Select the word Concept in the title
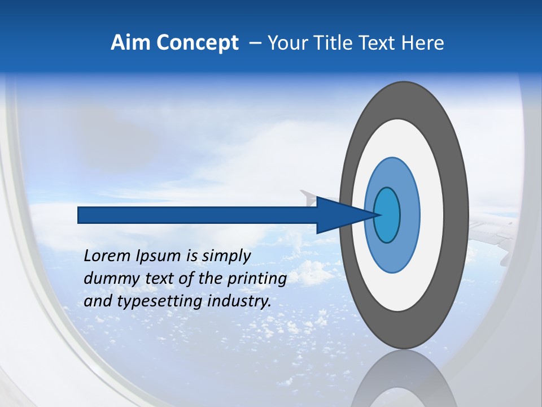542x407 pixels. pyautogui.click(x=198, y=43)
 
